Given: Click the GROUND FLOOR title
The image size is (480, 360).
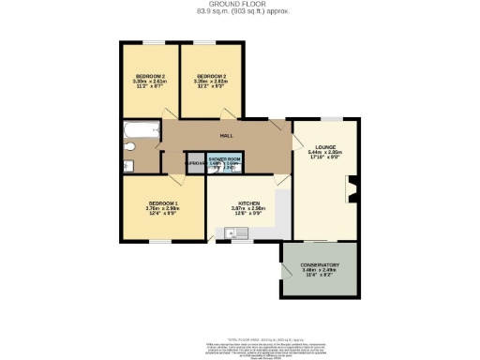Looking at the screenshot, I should pyautogui.click(x=239, y=5).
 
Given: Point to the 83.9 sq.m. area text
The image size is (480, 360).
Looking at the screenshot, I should pyautogui.click(x=239, y=12).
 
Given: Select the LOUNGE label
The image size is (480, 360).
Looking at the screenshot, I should pyautogui.click(x=325, y=147).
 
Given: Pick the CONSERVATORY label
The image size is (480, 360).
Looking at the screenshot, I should pyautogui.click(x=320, y=265).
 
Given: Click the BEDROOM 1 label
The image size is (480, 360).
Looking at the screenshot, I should pyautogui.click(x=162, y=202).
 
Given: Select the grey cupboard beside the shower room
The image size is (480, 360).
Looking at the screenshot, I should pyautogui.click(x=195, y=163).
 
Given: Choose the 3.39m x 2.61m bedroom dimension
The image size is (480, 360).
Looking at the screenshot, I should pyautogui.click(x=149, y=81).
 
